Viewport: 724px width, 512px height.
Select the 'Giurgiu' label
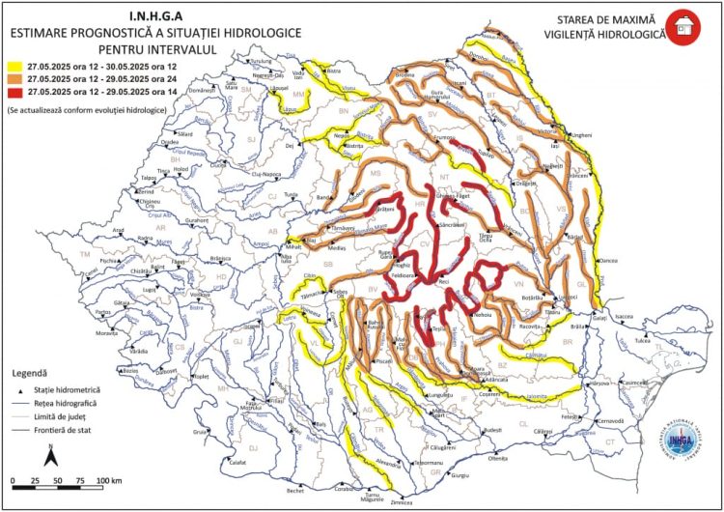[x=459, y=475]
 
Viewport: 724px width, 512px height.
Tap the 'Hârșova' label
[x=600, y=384]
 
